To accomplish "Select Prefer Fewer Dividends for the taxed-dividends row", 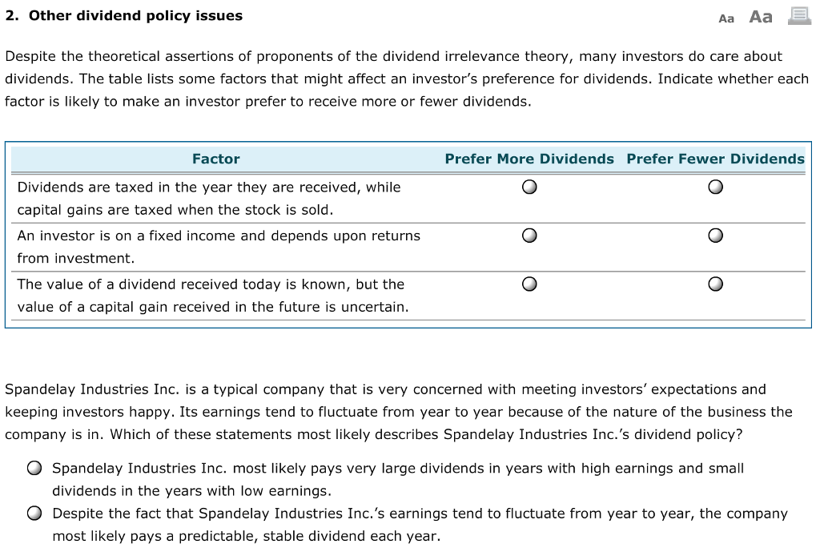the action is [x=716, y=187].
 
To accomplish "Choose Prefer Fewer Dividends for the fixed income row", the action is [x=716, y=236].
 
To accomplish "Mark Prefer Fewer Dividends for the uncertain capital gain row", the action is [x=716, y=284].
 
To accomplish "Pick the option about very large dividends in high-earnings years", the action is [x=34, y=469].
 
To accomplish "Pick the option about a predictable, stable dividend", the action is [x=34, y=514].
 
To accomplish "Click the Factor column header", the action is [x=215, y=159].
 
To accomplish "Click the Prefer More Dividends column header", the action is [x=529, y=159].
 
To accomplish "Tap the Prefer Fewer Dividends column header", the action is [x=715, y=159].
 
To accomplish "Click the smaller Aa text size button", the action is [x=726, y=18].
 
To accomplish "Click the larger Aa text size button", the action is [x=761, y=17].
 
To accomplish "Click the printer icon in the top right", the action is [x=799, y=16].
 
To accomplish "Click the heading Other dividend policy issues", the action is [x=135, y=16].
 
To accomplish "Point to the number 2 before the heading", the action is [x=10, y=16].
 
